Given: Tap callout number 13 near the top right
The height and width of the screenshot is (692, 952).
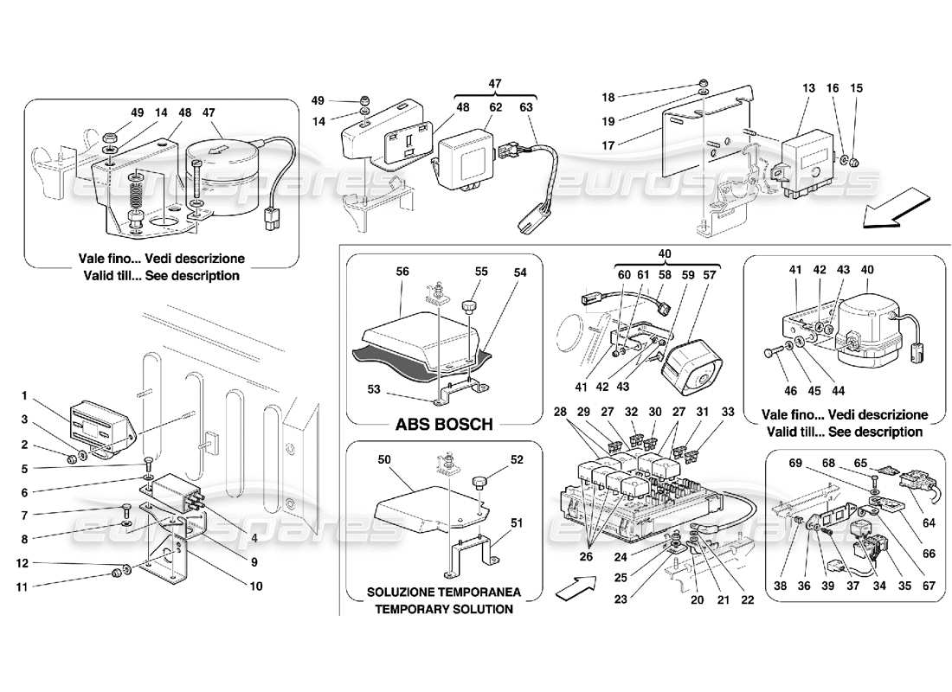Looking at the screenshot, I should click(x=808, y=88).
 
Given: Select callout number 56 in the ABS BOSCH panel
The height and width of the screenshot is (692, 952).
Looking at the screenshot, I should click(x=402, y=271).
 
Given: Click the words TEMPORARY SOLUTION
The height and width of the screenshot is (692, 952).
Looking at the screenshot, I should click(x=443, y=609).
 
